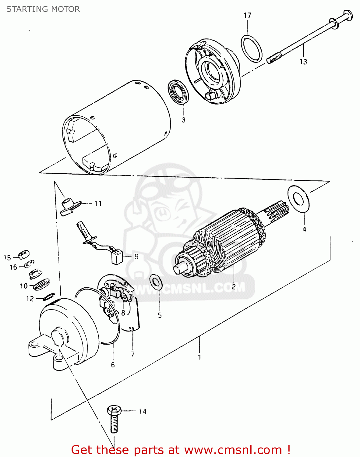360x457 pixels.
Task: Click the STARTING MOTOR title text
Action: coord(43,9)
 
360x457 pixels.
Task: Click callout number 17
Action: coord(247,15)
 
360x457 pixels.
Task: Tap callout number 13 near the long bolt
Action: coord(303,62)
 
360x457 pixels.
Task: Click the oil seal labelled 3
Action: coord(179,92)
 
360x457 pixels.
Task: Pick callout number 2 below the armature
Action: coord(234,287)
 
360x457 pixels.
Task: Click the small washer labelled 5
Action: coord(156,282)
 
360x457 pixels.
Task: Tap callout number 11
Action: coord(98,204)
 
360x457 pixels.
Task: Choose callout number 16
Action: coord(13,267)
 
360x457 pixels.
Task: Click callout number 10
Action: coord(23,286)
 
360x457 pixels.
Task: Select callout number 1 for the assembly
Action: coord(199,357)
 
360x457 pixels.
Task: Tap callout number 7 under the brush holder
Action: coord(133,354)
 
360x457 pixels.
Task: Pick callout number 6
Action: coord(113,365)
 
